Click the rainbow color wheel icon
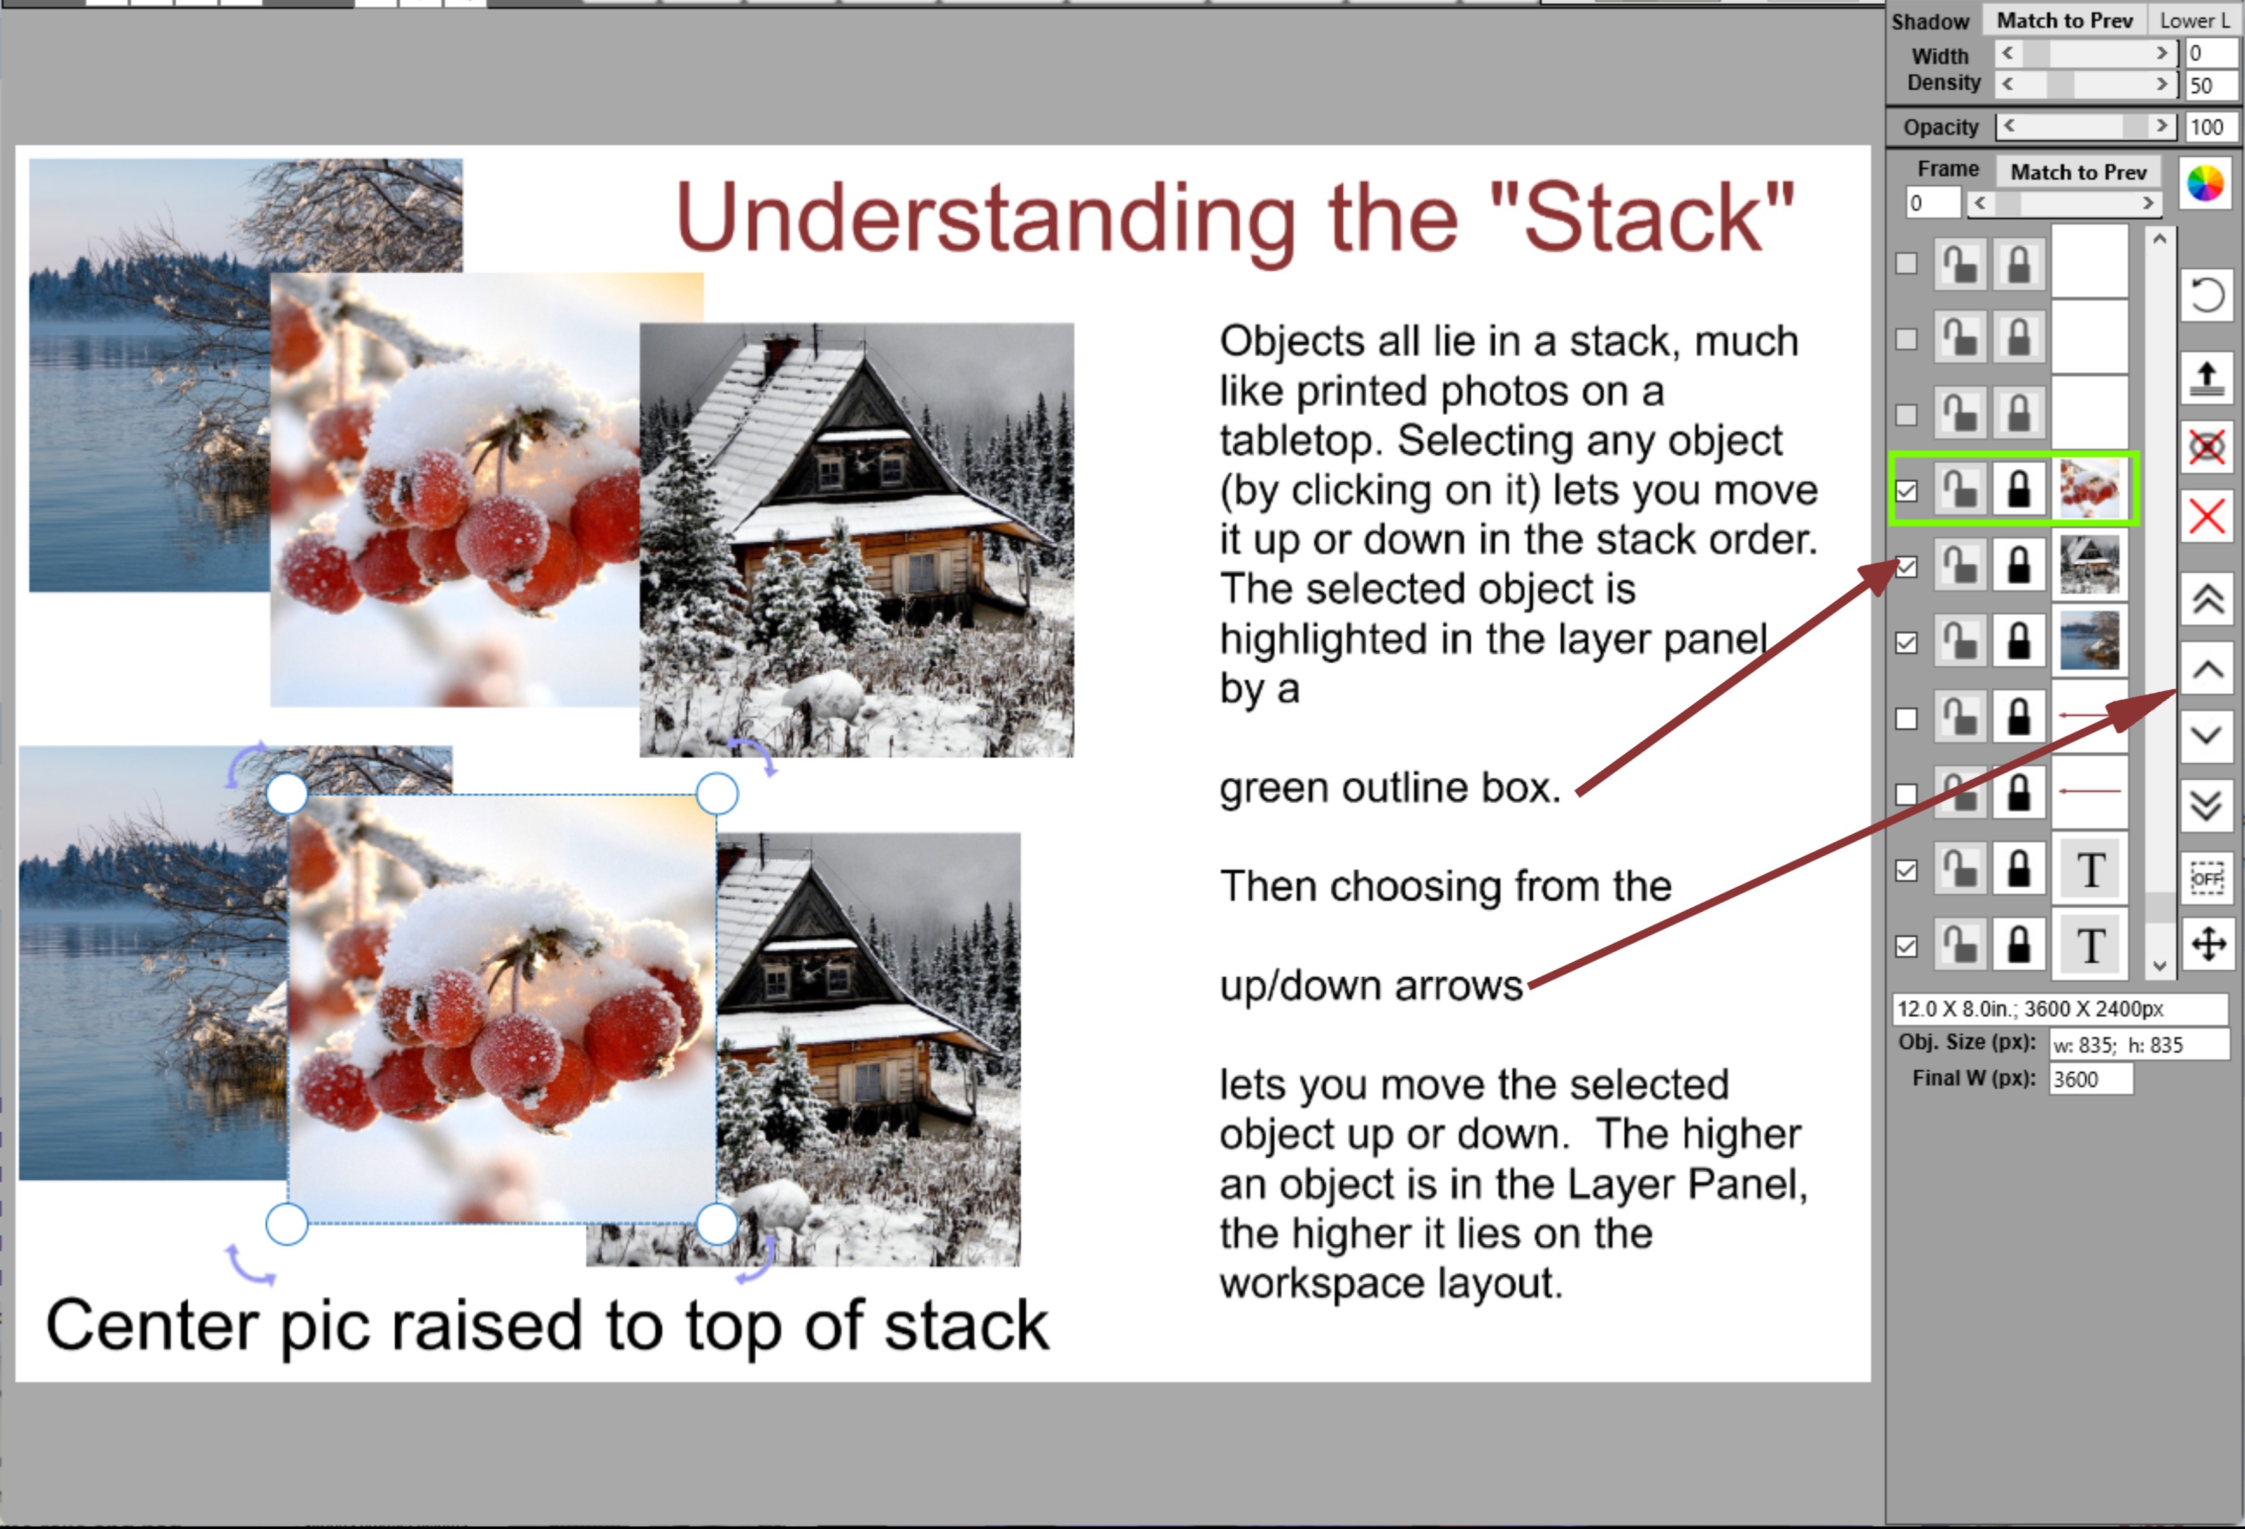2206,183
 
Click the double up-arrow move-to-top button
2207,600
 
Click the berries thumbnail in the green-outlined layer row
2090,489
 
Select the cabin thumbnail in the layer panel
2090,564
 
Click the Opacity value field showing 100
2209,127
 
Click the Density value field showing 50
2209,85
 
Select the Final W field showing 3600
2090,1079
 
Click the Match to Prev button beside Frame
2078,172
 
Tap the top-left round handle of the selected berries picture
287,794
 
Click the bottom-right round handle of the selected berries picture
717,1224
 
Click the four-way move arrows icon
2208,944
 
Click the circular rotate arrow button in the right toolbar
2207,295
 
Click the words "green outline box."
1390,787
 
